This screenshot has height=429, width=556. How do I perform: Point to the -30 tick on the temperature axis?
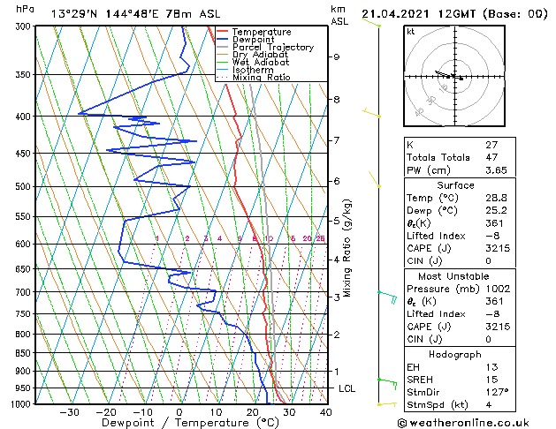click(69, 411)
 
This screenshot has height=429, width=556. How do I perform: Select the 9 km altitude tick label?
click(336, 56)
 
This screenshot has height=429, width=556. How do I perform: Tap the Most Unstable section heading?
click(454, 275)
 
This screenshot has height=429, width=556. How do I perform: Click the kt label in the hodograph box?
click(411, 31)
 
